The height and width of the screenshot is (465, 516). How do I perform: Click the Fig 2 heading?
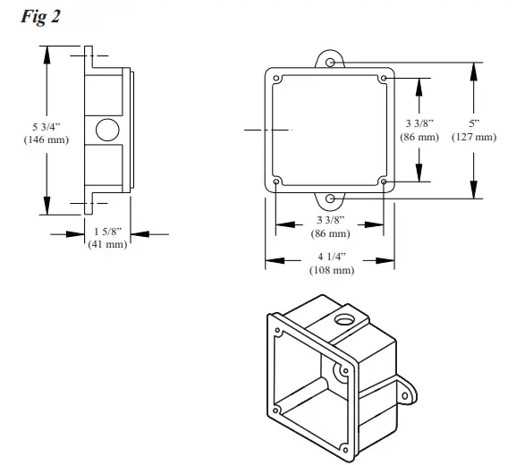tap(39, 17)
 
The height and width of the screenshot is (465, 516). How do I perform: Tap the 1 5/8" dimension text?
tap(107, 232)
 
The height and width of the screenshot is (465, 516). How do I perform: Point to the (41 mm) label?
tap(107, 244)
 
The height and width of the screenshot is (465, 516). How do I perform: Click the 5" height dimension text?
tap(473, 123)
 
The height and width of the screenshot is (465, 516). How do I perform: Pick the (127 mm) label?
tap(473, 137)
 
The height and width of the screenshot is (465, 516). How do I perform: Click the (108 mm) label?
tap(330, 271)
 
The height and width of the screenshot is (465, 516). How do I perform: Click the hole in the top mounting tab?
tap(330, 63)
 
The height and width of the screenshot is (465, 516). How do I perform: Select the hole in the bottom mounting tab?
tap(330, 198)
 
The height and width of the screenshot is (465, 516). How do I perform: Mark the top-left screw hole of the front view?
tap(276, 78)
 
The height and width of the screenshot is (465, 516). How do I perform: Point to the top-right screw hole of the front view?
tap(384, 78)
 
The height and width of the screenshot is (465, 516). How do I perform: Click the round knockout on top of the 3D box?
tap(343, 318)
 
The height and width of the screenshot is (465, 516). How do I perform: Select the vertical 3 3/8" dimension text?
tap(419, 123)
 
